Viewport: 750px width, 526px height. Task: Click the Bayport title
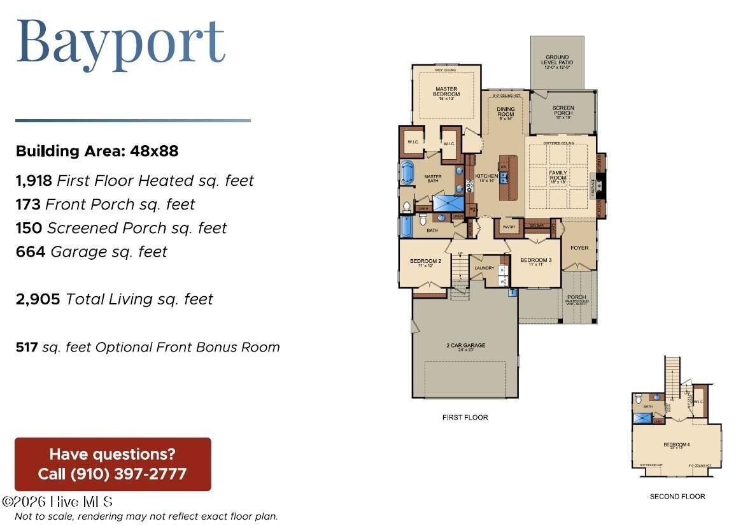[x=121, y=41]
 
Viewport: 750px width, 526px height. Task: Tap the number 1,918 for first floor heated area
[x=34, y=181]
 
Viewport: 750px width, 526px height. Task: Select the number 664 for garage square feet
[x=30, y=252]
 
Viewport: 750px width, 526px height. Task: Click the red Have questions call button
[x=113, y=464]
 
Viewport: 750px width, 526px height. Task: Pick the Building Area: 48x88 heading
[x=97, y=151]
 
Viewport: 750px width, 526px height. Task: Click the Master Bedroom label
[x=446, y=92]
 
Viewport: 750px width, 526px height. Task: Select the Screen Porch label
[x=563, y=111]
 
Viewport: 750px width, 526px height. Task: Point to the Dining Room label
[x=506, y=112]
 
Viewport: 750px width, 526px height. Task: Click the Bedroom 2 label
[x=425, y=262]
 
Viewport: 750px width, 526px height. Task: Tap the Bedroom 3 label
[x=535, y=261]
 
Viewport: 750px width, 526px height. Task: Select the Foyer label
[x=579, y=248]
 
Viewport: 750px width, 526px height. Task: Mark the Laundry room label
[x=485, y=268]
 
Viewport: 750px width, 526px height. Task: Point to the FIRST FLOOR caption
[x=465, y=418]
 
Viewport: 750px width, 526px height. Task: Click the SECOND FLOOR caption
[x=677, y=497]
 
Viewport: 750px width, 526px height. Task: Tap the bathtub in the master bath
[x=407, y=173]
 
